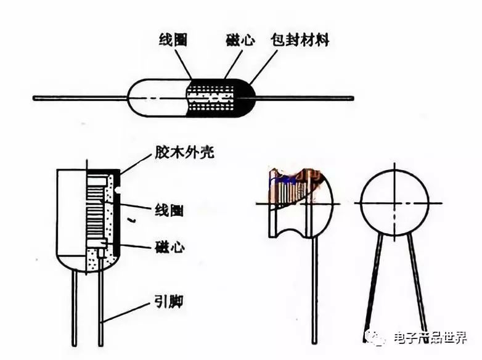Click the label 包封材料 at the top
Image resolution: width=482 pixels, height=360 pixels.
point(300,41)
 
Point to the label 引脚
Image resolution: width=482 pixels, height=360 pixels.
point(168,303)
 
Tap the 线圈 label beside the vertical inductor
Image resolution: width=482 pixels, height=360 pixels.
point(168,210)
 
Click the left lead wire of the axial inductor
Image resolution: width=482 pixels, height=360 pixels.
point(80,98)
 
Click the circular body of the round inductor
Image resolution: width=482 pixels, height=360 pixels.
point(394,203)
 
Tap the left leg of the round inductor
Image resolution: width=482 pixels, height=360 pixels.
point(373,284)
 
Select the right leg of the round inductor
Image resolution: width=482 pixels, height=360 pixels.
point(417,284)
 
